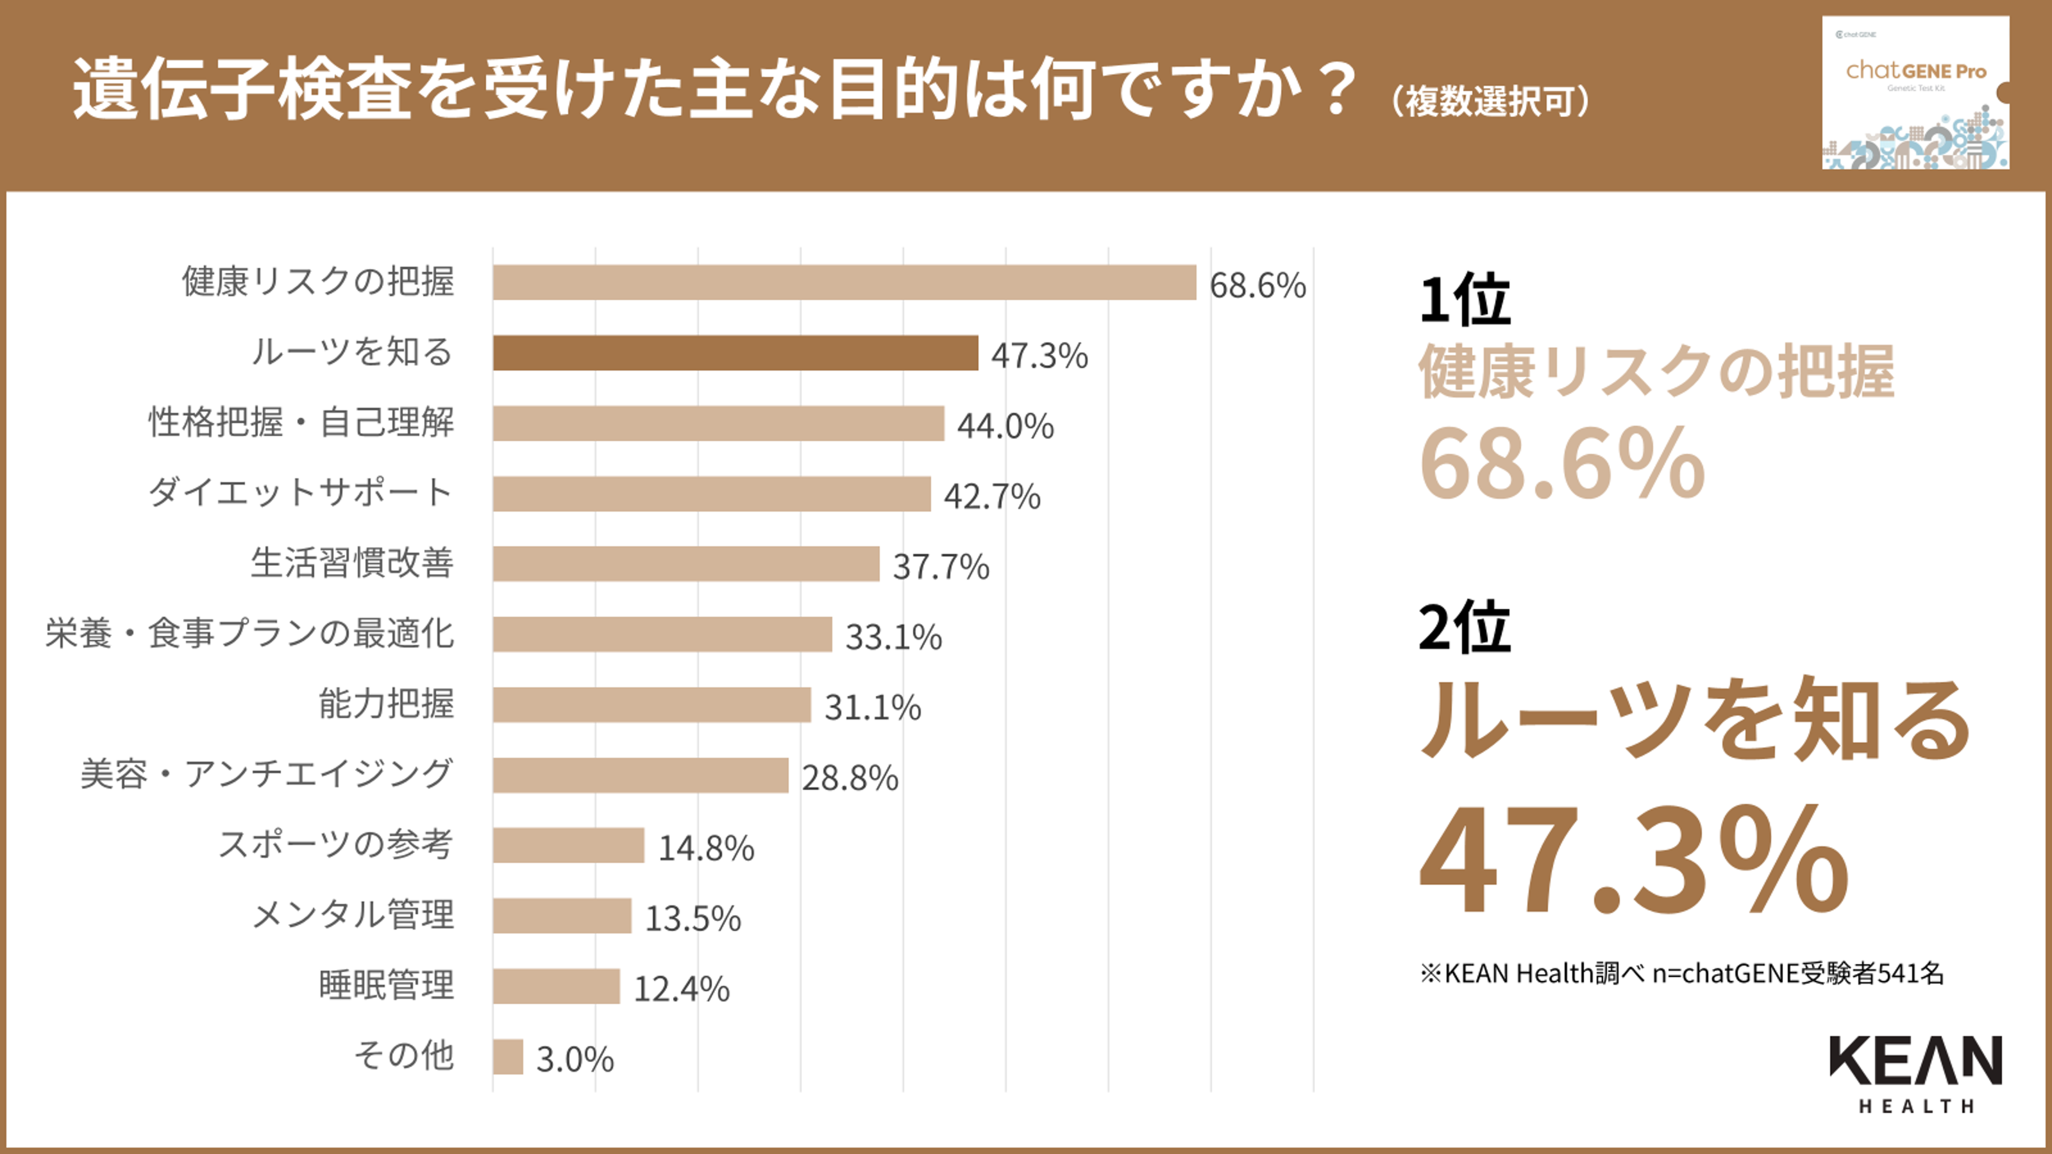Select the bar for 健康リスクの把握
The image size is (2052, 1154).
(845, 283)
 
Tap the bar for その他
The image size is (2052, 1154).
(507, 1057)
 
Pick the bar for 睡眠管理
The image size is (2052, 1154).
(556, 986)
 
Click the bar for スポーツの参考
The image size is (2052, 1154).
(568, 845)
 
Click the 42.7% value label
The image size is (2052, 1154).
(992, 496)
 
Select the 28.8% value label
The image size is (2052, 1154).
(849, 777)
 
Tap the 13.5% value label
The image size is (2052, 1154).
(693, 917)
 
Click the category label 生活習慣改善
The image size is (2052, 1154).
(352, 563)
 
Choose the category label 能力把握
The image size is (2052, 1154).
(386, 704)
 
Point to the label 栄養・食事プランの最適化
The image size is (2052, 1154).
(249, 633)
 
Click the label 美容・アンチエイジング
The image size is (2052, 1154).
(267, 774)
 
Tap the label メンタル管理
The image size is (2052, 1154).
(353, 915)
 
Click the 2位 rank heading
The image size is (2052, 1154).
(1464, 627)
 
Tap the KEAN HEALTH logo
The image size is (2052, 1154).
(1915, 1072)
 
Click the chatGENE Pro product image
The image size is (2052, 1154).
(1915, 92)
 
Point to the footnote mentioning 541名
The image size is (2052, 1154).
(1681, 973)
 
